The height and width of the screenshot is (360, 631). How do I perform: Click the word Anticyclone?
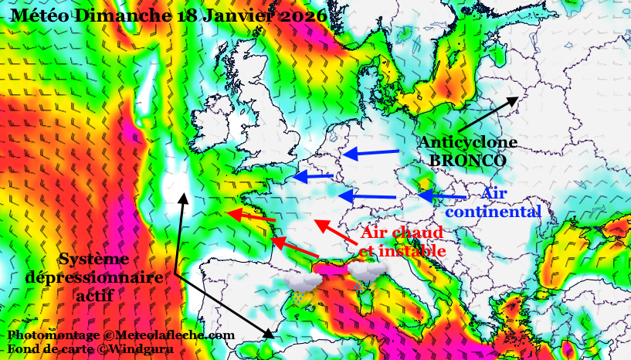pos(467,142)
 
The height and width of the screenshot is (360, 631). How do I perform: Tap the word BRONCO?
pos(467,160)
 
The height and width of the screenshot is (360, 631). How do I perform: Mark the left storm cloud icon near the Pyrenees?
pos(302,284)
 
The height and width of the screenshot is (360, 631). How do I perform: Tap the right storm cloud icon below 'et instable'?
pos(366,272)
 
